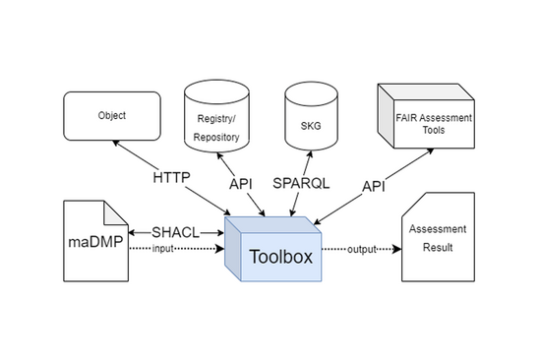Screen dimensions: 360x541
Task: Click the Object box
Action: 111,115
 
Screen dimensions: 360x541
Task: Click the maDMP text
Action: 91,239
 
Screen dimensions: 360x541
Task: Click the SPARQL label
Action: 299,183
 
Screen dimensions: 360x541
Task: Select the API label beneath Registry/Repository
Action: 240,182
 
